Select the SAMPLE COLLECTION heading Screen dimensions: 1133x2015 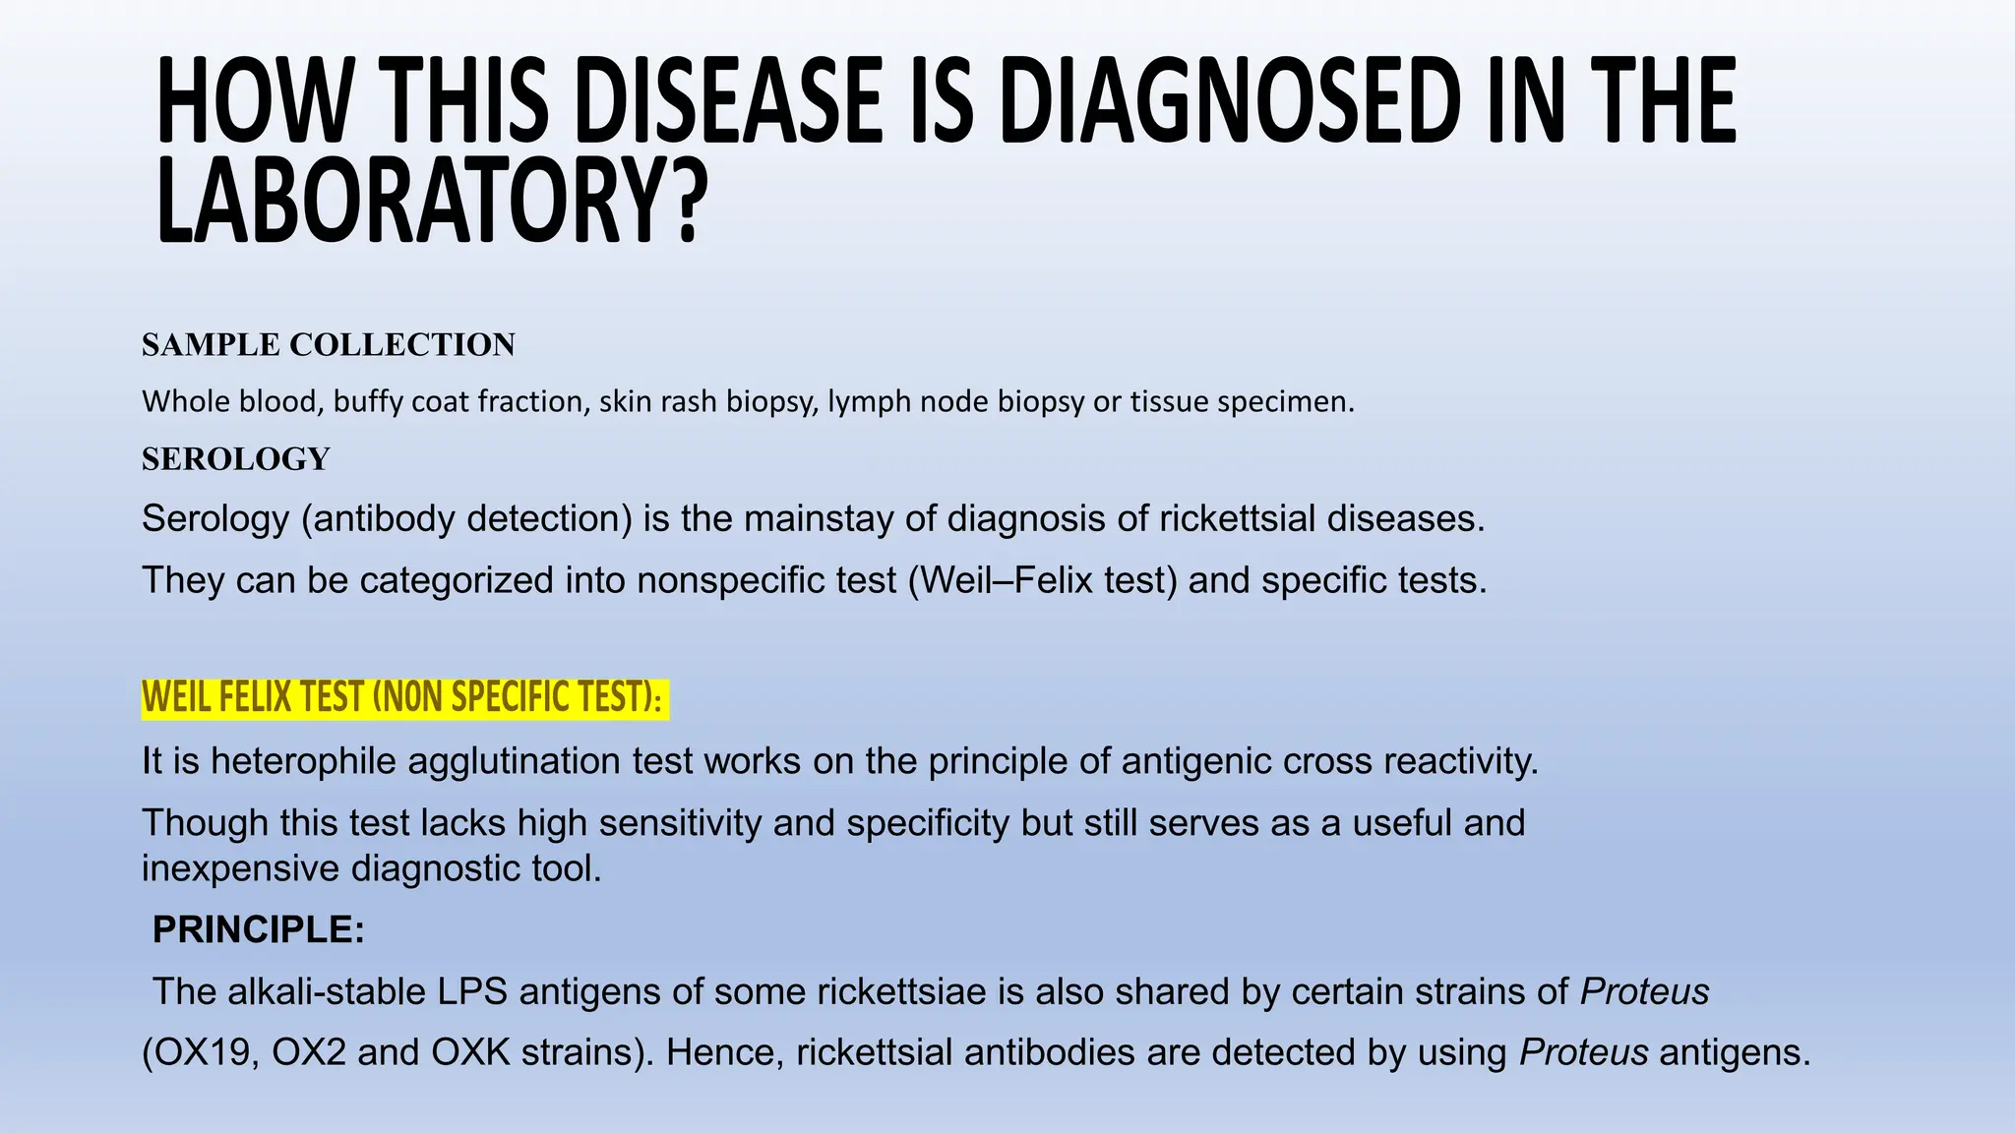coord(329,345)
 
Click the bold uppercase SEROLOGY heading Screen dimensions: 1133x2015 coord(236,459)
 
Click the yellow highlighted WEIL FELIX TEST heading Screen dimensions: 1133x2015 coord(403,698)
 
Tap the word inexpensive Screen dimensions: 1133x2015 coord(241,868)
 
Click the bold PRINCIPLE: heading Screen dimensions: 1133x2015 coord(259,929)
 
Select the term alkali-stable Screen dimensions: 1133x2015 coord(328,991)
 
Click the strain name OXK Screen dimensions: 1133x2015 coord(471,1053)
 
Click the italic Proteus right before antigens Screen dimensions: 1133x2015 coord(1583,1053)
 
